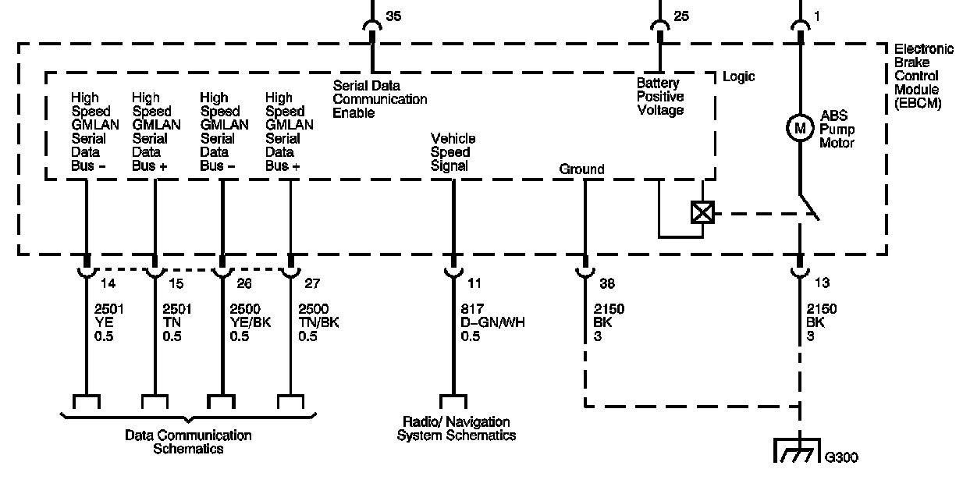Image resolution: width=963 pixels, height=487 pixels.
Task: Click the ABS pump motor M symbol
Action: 800,128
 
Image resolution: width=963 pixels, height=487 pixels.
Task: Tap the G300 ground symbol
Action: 797,450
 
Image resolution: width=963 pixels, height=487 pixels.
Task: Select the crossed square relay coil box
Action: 702,212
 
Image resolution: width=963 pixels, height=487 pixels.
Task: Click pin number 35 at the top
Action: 393,16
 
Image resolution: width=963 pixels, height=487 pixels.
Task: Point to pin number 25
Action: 681,16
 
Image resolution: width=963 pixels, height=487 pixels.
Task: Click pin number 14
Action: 108,283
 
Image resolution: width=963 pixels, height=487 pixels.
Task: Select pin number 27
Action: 312,283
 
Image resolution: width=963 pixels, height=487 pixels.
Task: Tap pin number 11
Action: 474,283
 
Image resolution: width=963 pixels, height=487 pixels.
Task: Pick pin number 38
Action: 607,283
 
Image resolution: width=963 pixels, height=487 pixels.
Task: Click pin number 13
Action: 822,283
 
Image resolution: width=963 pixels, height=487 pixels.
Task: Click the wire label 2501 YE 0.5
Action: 109,322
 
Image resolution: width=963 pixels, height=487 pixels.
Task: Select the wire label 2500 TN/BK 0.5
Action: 318,322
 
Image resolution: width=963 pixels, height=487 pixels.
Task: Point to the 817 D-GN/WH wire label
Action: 492,322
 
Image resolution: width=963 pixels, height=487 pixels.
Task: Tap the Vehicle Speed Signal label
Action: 453,152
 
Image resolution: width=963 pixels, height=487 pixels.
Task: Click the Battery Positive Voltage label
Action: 660,97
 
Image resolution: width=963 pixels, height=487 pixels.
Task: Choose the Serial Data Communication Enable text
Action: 380,99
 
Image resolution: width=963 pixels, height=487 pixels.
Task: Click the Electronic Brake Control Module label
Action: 924,76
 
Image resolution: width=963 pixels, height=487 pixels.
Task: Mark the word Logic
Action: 738,77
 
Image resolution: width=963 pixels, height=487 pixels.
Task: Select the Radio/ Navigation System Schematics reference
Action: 456,429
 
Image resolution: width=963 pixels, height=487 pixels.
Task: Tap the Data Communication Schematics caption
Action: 188,443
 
